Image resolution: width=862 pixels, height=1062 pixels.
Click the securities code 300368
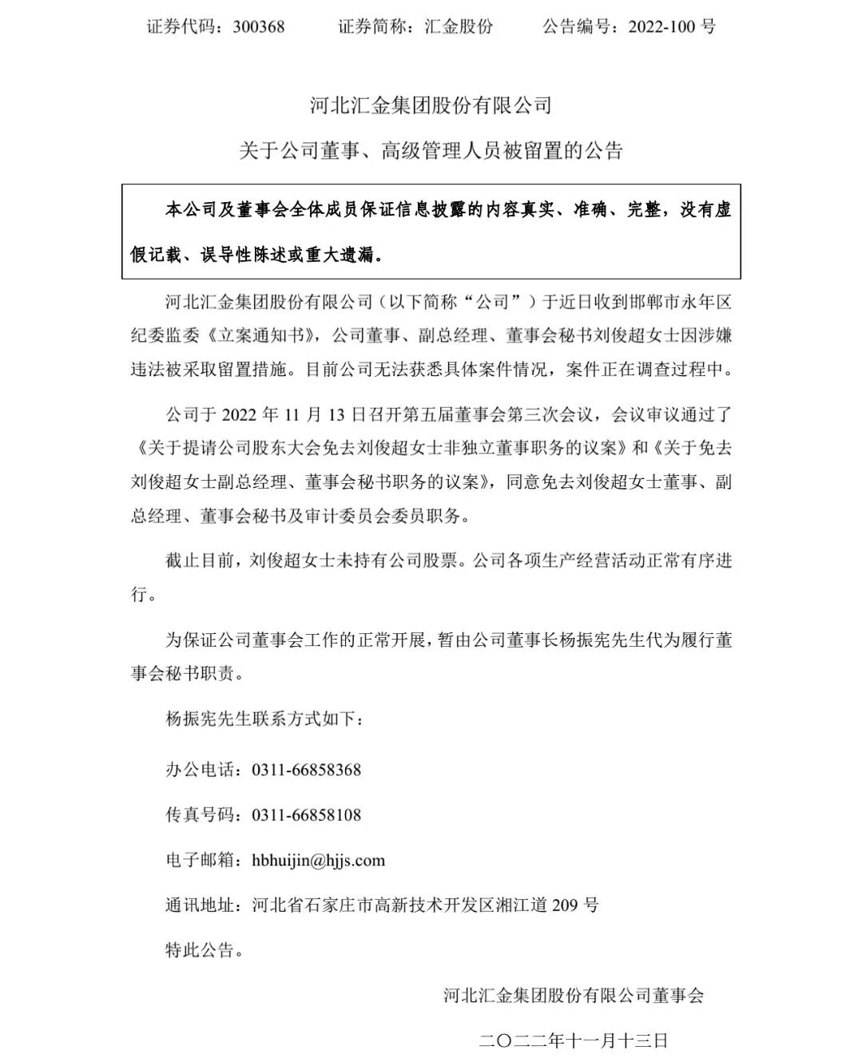(x=259, y=26)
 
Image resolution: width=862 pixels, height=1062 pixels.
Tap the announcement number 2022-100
(x=664, y=26)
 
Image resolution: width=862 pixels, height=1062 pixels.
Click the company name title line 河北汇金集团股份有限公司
(x=431, y=105)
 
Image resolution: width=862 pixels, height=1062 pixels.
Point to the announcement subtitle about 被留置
(x=431, y=150)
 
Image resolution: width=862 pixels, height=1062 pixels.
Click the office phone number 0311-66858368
(x=307, y=770)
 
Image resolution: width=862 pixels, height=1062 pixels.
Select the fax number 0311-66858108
(x=307, y=815)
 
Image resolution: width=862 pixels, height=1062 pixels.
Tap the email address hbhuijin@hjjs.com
(x=318, y=860)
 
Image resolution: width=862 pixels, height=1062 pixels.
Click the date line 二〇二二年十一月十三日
(x=573, y=1040)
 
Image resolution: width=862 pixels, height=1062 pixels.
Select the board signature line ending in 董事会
(x=574, y=995)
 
